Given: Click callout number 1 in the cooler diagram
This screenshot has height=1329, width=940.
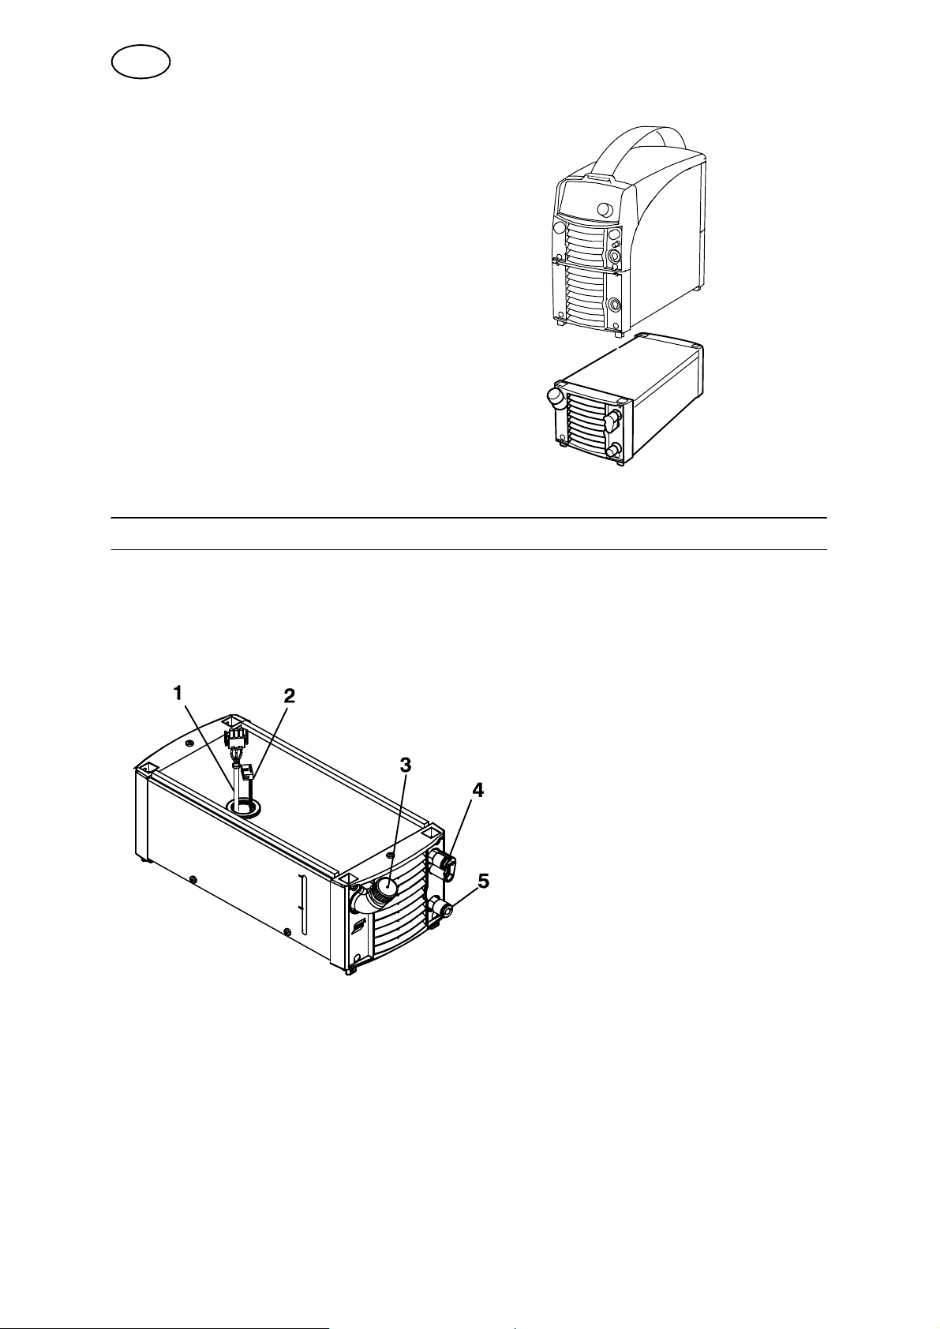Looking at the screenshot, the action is point(178,693).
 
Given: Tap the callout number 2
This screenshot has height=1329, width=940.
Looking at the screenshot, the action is point(289,696).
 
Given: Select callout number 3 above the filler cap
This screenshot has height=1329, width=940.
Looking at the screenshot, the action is point(406,766).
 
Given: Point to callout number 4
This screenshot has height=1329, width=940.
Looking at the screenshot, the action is point(477,790).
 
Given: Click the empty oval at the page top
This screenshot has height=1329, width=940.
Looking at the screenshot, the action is point(140,62).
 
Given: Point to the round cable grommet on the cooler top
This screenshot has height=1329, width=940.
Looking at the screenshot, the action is point(243,807).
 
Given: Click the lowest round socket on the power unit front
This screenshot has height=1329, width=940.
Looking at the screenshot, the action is point(612,305).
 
